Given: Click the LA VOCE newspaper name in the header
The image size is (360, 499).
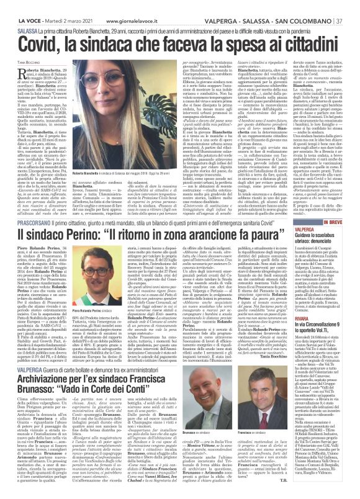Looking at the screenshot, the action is [x=17, y=7].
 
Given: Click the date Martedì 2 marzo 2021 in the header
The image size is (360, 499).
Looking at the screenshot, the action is [x=49, y=7].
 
